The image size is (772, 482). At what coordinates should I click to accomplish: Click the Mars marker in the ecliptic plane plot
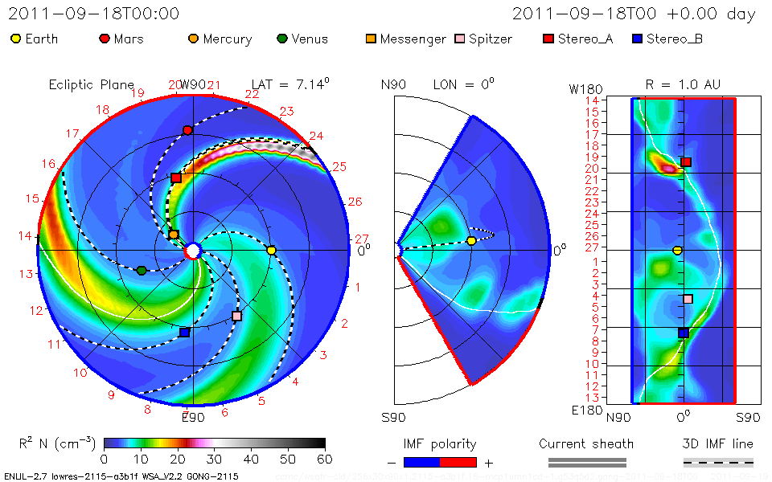tap(187, 130)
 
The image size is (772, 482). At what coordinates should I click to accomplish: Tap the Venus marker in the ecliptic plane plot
tap(142, 271)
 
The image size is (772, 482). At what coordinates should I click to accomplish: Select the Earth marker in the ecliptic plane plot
tap(271, 251)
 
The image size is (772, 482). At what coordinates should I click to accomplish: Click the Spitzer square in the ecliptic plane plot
tap(236, 317)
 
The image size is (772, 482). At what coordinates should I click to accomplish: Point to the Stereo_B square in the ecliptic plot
tap(184, 332)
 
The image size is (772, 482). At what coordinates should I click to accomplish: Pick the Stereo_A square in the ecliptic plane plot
tap(176, 178)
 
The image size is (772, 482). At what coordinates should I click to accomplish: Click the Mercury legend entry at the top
tap(220, 39)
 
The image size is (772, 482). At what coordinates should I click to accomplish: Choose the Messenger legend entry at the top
tap(406, 39)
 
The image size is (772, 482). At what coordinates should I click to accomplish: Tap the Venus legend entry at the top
tap(302, 39)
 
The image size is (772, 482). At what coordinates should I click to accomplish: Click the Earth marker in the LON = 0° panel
tap(471, 241)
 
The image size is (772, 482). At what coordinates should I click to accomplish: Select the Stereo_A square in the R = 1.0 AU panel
tap(686, 162)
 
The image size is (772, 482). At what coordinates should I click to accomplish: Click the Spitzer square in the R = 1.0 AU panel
tap(688, 299)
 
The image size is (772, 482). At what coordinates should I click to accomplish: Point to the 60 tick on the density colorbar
tap(325, 459)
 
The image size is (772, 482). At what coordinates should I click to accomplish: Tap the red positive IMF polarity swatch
tap(458, 462)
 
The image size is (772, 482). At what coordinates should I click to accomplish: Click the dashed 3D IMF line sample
tap(718, 462)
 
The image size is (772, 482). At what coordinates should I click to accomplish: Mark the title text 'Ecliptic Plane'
tap(91, 84)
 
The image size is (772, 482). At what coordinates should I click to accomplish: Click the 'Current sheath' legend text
tap(586, 443)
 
